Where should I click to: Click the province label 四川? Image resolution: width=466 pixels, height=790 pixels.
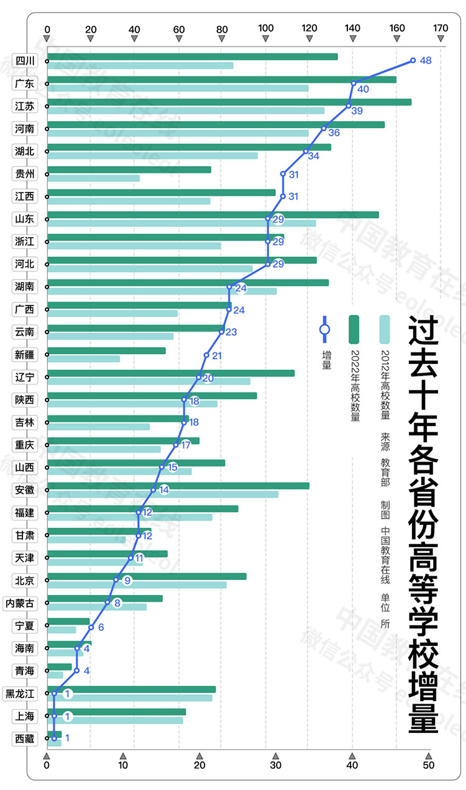click(25, 61)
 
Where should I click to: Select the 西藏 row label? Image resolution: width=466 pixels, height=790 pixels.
click(25, 739)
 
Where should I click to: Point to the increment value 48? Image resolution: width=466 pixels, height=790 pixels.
click(426, 61)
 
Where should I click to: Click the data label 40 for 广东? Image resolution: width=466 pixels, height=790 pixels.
click(363, 89)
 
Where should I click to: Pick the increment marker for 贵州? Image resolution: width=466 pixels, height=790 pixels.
click(283, 174)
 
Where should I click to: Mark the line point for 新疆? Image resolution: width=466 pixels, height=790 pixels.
click(206, 355)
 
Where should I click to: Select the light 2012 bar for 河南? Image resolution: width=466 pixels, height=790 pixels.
click(178, 133)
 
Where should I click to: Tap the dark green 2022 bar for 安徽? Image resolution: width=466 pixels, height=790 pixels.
click(178, 486)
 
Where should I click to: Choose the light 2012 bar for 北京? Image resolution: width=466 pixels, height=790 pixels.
click(137, 584)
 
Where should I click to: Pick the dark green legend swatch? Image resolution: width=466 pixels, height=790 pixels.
click(354, 329)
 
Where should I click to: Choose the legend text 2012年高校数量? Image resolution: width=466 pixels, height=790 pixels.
click(385, 384)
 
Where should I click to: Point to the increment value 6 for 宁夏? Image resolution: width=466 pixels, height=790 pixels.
click(101, 627)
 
